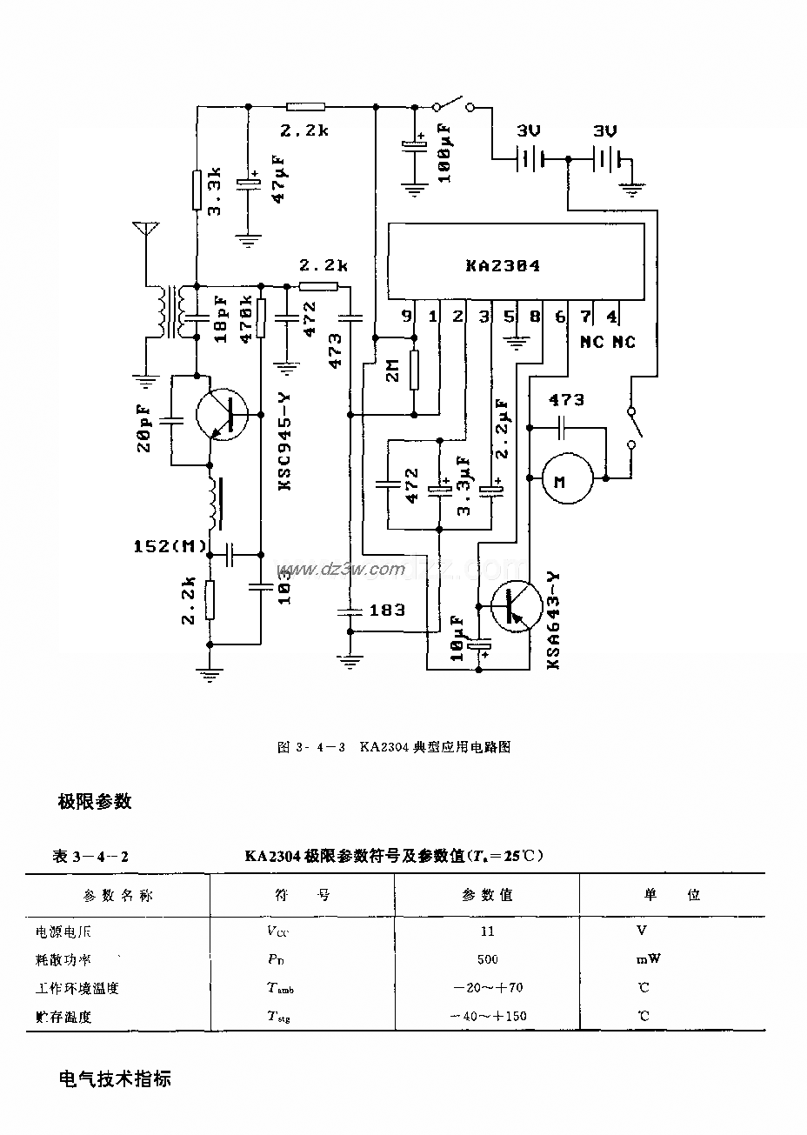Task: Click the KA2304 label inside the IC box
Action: [502, 266]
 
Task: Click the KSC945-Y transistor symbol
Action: [223, 414]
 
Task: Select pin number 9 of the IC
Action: [406, 317]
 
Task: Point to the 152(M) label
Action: [170, 546]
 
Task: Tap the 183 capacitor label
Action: [387, 610]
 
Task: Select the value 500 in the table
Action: [487, 959]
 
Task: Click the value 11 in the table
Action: [487, 931]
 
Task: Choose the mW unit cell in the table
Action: [647, 959]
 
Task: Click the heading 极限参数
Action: [95, 801]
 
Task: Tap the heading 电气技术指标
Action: [114, 1079]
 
